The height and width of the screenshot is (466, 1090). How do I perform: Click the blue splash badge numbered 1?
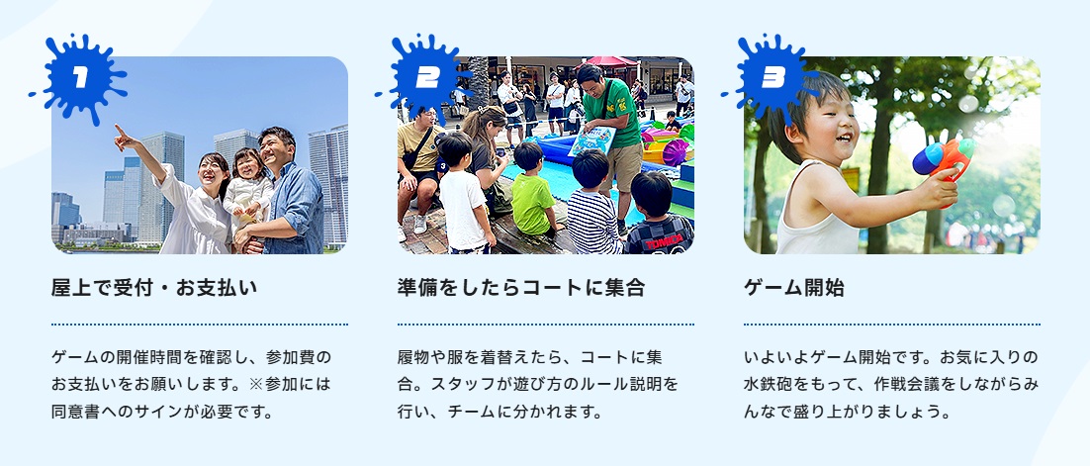(80, 77)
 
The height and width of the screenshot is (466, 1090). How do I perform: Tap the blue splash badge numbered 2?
(425, 77)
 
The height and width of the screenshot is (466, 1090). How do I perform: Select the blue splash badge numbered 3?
(772, 77)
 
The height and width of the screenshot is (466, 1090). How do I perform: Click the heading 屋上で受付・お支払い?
(154, 287)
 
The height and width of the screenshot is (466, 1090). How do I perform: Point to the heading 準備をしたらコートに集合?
(521, 287)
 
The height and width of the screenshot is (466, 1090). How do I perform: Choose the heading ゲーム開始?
(794, 287)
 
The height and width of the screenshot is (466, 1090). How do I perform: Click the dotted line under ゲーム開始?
(892, 325)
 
